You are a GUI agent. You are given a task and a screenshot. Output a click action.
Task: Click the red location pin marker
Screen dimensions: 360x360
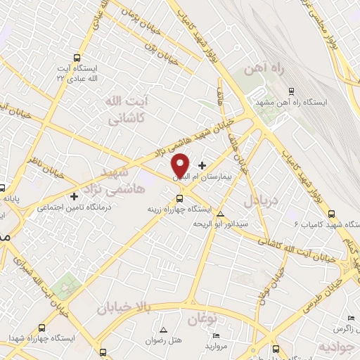point(181,165)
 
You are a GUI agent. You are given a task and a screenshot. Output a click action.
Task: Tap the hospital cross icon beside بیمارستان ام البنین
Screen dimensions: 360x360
point(203,165)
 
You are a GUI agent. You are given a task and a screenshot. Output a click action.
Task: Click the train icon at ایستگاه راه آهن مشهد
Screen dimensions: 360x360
point(292,91)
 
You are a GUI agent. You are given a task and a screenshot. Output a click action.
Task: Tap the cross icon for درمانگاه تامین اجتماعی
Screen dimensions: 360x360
point(75,195)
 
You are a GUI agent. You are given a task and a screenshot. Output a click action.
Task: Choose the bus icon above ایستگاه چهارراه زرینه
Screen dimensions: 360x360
point(179,198)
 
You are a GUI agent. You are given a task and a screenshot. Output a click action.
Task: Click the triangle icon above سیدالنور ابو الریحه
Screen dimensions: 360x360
point(221,214)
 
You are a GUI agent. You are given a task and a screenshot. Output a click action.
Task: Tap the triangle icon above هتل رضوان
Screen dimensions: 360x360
point(164,330)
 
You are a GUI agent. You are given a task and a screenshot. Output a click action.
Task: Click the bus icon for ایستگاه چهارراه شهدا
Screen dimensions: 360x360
point(42,327)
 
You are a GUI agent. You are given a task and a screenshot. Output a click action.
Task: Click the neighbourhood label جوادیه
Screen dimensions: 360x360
point(335,347)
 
